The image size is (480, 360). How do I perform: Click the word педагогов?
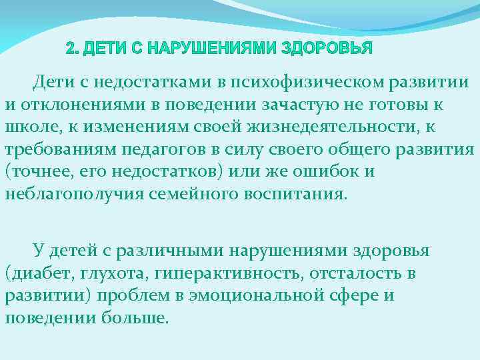pyautogui.click(x=173, y=149)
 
